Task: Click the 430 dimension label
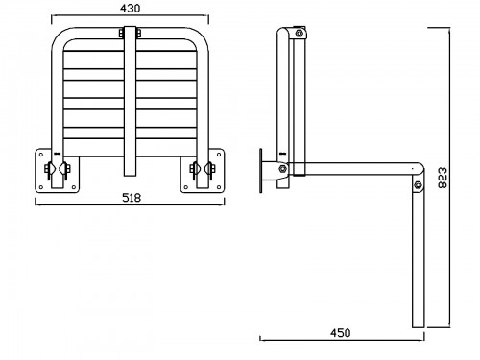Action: [130, 9]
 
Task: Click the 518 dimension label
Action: [132, 198]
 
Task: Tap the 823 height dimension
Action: [443, 178]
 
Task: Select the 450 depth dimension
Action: [341, 333]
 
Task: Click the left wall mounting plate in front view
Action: [57, 171]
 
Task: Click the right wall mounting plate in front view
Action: [202, 171]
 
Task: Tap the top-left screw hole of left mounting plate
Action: [41, 155]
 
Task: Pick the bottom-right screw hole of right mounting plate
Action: [219, 187]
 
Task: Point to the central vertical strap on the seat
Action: [130, 102]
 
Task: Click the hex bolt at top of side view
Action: [299, 33]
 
